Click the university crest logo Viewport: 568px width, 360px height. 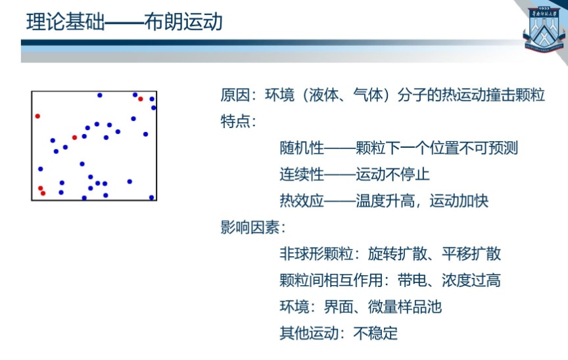[544, 29]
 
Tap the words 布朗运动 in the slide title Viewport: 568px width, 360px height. [183, 22]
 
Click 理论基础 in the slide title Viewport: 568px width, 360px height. [65, 22]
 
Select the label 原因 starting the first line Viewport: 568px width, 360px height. [235, 95]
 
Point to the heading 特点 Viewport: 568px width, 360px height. [235, 122]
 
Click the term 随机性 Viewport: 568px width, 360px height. [302, 148]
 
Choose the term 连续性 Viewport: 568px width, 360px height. [302, 174]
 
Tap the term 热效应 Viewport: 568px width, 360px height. [302, 200]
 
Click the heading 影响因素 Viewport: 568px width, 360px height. [250, 227]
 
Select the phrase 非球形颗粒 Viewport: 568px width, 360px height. [316, 254]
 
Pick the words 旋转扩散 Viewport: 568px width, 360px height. [397, 254]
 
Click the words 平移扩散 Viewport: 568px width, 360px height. [471, 254]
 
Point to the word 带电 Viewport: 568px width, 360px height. [412, 280]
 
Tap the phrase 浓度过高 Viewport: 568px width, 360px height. [471, 280]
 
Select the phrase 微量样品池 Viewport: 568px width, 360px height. [405, 306]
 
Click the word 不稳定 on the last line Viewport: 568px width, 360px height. [375, 333]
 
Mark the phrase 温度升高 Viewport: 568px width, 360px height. [385, 200]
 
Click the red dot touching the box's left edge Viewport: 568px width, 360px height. [37, 116]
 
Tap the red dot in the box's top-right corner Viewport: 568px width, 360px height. [141, 99]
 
